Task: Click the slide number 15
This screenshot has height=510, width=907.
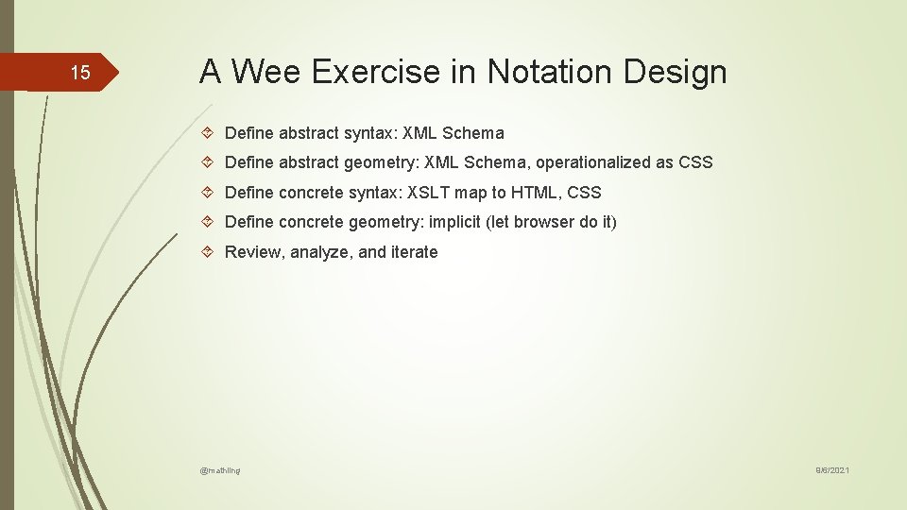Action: click(x=80, y=73)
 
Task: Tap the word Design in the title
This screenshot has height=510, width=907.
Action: click(x=678, y=72)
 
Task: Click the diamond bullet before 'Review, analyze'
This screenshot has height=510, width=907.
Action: click(x=209, y=252)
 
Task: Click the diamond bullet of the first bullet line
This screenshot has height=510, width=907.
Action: click(x=209, y=133)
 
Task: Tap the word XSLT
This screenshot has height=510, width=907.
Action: click(x=429, y=193)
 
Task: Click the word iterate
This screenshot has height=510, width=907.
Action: click(x=414, y=252)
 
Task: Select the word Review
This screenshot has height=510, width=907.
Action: click(x=253, y=252)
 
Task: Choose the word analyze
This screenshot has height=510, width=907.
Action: click(x=321, y=252)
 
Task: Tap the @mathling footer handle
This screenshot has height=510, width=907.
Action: click(x=220, y=469)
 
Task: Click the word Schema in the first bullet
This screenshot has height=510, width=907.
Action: click(x=473, y=133)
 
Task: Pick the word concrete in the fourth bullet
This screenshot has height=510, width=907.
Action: click(x=309, y=222)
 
